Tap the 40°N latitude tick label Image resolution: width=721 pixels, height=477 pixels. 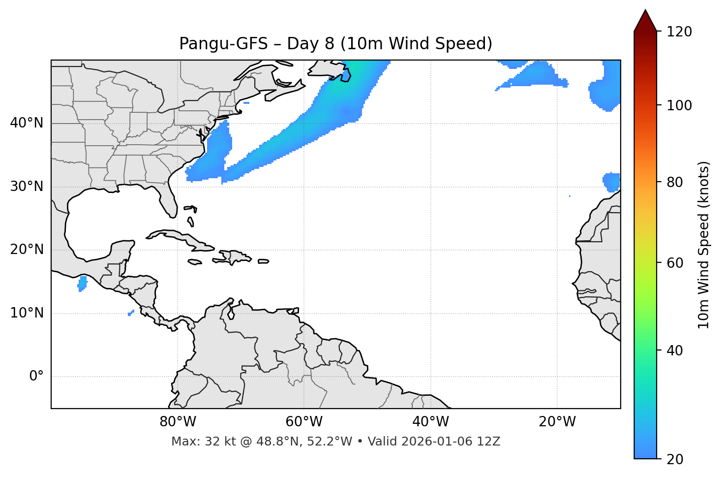[27, 123]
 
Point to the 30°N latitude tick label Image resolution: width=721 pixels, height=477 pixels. [27, 187]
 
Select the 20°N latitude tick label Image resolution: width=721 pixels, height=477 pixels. [27, 250]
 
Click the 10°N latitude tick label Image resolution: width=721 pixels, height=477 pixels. [27, 313]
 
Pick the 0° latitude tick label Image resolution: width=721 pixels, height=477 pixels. [36, 377]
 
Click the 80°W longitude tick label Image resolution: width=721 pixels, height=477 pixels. [178, 422]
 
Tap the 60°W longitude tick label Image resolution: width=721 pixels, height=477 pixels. [304, 422]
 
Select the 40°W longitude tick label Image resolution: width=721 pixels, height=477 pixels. [430, 422]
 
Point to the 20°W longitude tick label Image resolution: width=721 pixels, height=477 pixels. [557, 422]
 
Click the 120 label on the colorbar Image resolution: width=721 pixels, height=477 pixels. [679, 32]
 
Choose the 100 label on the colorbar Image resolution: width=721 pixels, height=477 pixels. [679, 105]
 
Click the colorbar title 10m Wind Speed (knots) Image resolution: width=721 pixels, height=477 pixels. [704, 245]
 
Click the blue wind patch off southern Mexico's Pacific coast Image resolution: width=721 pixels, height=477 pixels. [82, 283]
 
